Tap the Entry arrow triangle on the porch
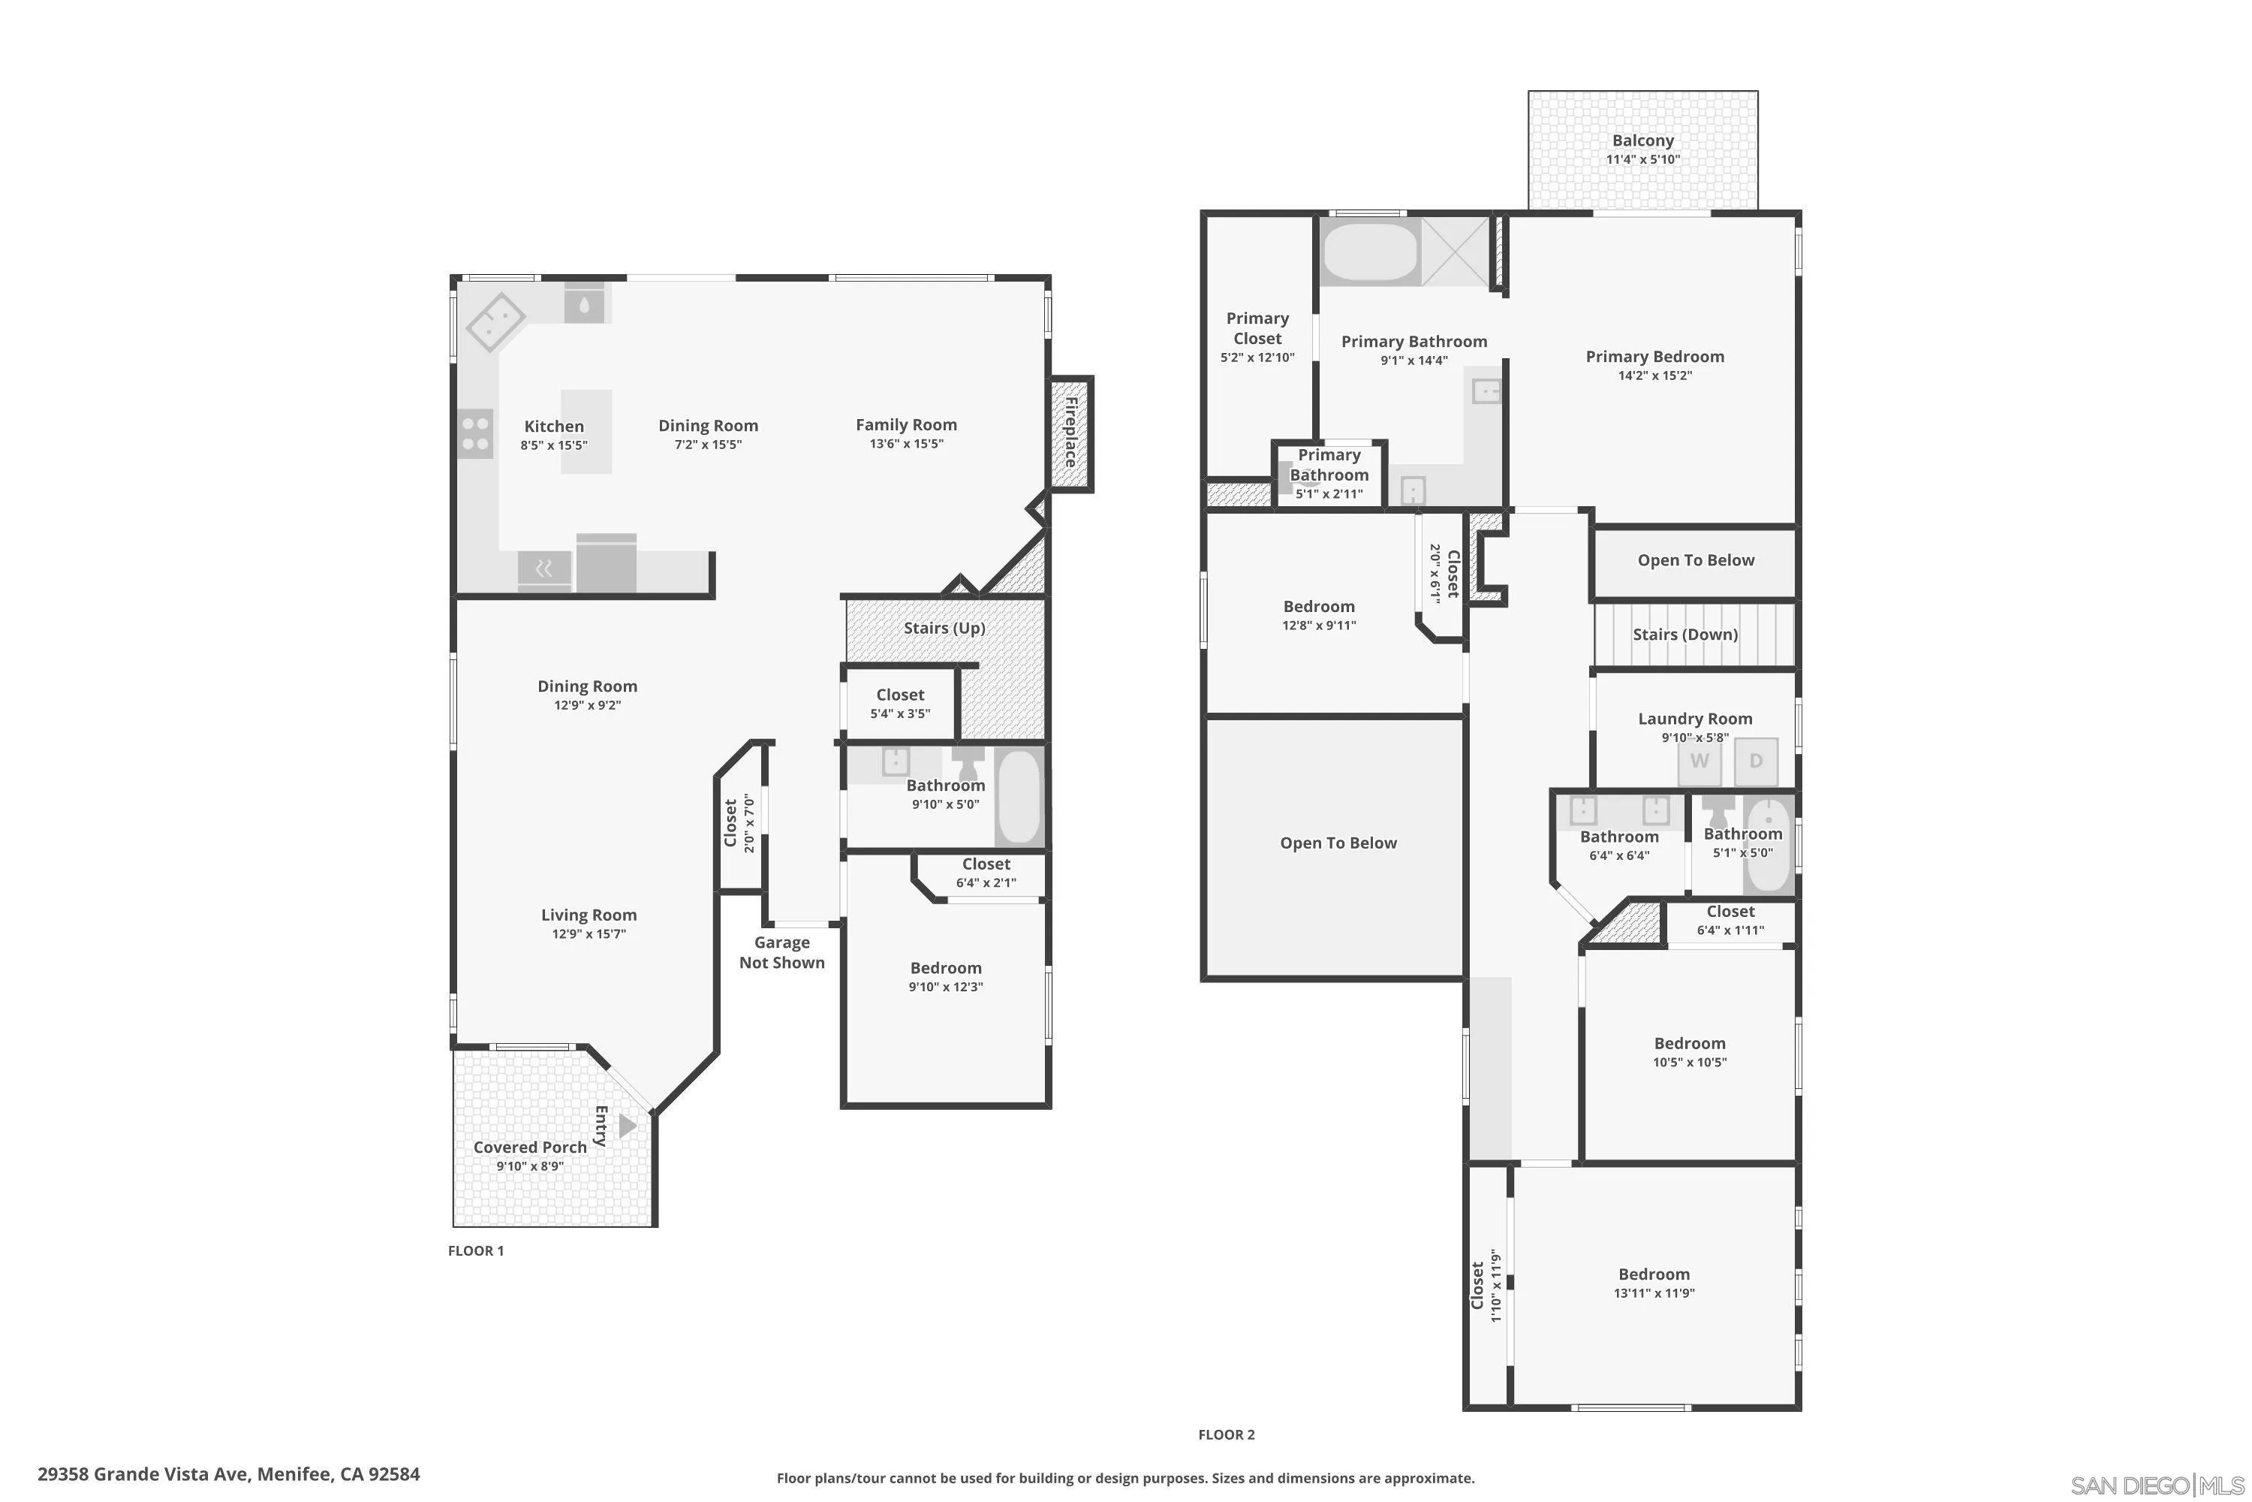pos(627,1126)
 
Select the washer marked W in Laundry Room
pos(1700,762)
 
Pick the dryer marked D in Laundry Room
pos(1756,762)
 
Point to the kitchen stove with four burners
pos(476,433)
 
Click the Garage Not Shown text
pos(782,952)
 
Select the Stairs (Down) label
pos(1685,634)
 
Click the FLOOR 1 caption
pos(476,1250)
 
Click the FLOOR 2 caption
pos(1227,1434)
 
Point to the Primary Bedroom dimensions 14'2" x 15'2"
pos(1655,375)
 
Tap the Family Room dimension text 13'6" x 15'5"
pos(907,444)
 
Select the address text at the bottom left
pos(229,1474)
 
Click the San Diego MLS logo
pos(2158,1485)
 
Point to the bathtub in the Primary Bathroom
pos(1371,251)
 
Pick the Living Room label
pos(589,915)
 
